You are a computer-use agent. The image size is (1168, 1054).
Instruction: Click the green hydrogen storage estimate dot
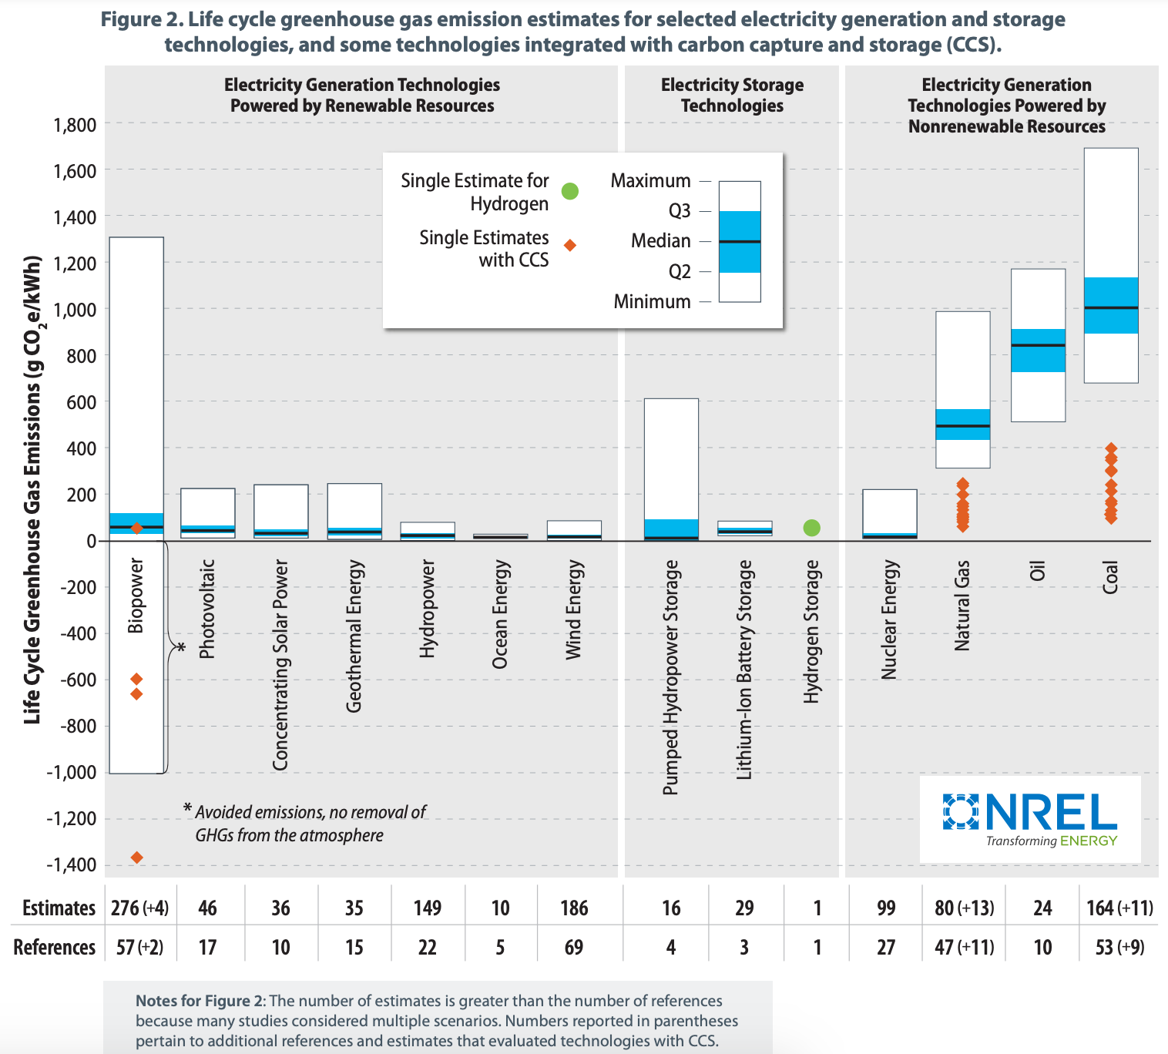[811, 528]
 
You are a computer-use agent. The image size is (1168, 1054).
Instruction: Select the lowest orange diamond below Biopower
[136, 858]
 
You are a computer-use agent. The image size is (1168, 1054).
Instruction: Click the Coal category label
[1110, 577]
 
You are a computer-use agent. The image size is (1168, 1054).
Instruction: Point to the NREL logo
[1030, 819]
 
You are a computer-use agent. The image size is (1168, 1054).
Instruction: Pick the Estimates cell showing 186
[574, 908]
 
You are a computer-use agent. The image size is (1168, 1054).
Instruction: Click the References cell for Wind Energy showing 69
[574, 947]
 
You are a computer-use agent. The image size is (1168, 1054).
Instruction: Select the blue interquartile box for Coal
[1110, 305]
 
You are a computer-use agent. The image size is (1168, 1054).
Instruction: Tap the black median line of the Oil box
[1038, 345]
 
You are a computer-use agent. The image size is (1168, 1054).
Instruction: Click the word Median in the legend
[660, 241]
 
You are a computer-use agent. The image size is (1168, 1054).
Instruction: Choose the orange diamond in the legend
[570, 246]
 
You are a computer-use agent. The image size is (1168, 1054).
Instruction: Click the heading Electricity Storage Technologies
[732, 96]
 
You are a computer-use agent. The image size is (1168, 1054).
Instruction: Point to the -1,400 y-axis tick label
[71, 865]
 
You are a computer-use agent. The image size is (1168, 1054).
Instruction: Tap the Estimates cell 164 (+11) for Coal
[1119, 908]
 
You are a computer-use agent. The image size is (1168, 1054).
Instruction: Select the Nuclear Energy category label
[890, 620]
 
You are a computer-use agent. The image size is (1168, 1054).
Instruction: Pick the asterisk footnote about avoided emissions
[304, 824]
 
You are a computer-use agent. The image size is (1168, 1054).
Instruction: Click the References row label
[54, 947]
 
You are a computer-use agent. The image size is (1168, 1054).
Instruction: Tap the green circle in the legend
[569, 191]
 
